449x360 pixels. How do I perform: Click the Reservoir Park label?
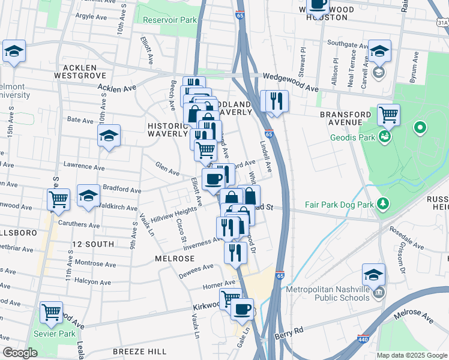(170, 20)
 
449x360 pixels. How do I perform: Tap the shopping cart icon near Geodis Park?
(389, 114)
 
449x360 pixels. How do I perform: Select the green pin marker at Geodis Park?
(420, 127)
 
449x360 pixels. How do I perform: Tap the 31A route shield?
(442, 22)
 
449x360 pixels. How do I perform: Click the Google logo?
(20, 352)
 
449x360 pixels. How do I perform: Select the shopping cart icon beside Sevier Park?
(52, 312)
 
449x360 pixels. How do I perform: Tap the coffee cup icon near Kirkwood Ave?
(242, 309)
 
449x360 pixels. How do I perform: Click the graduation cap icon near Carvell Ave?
(379, 51)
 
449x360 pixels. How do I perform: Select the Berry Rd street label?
(290, 332)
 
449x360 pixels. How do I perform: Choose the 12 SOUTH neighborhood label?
(92, 244)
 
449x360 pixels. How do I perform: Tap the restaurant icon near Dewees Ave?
(235, 252)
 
